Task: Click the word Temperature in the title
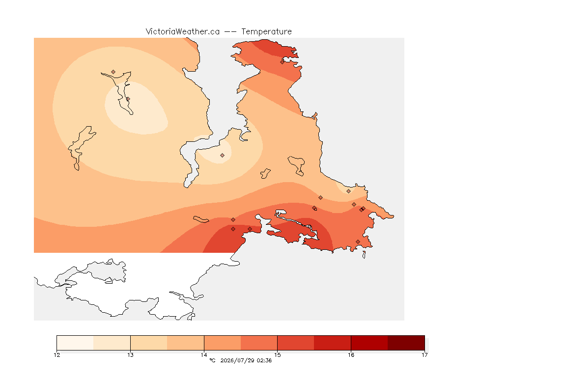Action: (266, 32)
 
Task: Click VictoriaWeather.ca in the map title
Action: (183, 32)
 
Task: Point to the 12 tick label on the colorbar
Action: (57, 355)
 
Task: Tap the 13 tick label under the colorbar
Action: (130, 355)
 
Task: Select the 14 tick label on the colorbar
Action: (204, 355)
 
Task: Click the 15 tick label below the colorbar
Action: (277, 355)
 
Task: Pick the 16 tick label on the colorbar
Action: (351, 355)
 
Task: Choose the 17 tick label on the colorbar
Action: (424, 355)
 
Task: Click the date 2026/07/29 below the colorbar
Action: (237, 360)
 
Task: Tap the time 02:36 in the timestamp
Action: (264, 360)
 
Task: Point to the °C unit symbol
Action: (212, 360)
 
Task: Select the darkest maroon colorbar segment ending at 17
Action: (406, 343)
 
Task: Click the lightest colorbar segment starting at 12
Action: (75, 343)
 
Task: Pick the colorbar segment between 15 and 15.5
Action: (296, 343)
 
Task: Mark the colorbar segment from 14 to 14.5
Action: (223, 343)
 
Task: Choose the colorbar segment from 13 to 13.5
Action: (149, 343)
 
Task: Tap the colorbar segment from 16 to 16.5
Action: (369, 343)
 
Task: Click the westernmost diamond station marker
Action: (113, 72)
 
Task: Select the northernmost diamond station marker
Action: (283, 62)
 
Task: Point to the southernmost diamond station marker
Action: (358, 242)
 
